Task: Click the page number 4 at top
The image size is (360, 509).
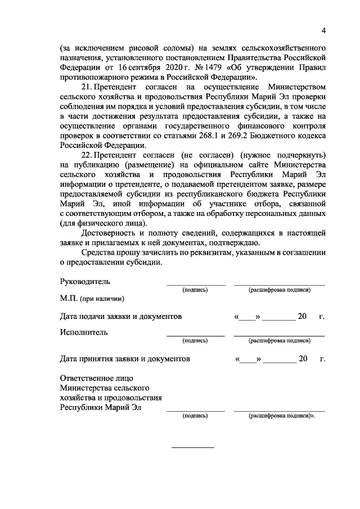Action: (324, 30)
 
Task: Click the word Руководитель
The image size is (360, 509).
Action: (85, 281)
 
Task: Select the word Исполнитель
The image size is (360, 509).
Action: (83, 332)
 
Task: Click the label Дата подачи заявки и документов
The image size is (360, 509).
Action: (121, 317)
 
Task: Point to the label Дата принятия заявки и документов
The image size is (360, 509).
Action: (125, 358)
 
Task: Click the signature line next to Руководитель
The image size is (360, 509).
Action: (195, 285)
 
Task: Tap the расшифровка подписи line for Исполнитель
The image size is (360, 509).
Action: (279, 335)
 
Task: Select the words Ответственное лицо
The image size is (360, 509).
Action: (97, 378)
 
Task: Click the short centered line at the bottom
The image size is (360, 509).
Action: (192, 447)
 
